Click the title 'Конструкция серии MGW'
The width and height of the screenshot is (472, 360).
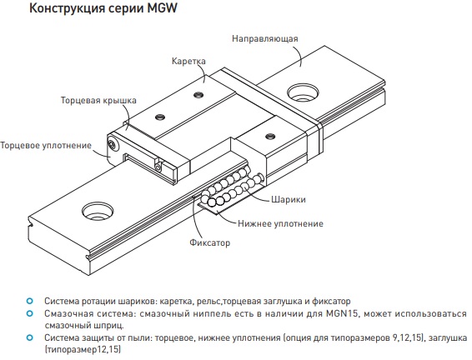pyautogui.click(x=103, y=8)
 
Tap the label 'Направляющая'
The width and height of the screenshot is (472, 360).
pyautogui.click(x=265, y=39)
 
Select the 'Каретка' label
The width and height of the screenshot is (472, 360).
pyautogui.click(x=188, y=61)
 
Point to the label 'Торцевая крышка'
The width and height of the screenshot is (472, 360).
pyautogui.click(x=98, y=101)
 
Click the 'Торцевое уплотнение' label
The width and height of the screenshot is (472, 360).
pyautogui.click(x=46, y=146)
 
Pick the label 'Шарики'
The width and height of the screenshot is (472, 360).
pyautogui.click(x=289, y=199)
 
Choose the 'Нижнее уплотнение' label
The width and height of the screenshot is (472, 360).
pyautogui.click(x=280, y=224)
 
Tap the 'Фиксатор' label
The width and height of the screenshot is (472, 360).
pyautogui.click(x=209, y=242)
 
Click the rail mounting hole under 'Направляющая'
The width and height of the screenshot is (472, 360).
pyautogui.click(x=303, y=92)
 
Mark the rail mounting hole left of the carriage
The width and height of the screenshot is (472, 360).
pyautogui.click(x=98, y=211)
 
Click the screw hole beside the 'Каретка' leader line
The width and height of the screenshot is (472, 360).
pyautogui.click(x=198, y=95)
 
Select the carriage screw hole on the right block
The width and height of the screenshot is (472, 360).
pyautogui.click(x=270, y=137)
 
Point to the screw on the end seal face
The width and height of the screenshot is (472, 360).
pyautogui.click(x=113, y=145)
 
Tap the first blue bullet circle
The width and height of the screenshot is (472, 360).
pyautogui.click(x=29, y=301)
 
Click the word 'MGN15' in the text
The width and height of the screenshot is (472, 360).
pyautogui.click(x=342, y=313)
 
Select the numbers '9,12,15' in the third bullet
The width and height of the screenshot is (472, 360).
pyautogui.click(x=406, y=338)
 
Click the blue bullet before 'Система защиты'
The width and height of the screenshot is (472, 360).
pyautogui.click(x=29, y=337)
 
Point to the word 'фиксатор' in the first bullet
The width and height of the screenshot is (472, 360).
pyautogui.click(x=331, y=302)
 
